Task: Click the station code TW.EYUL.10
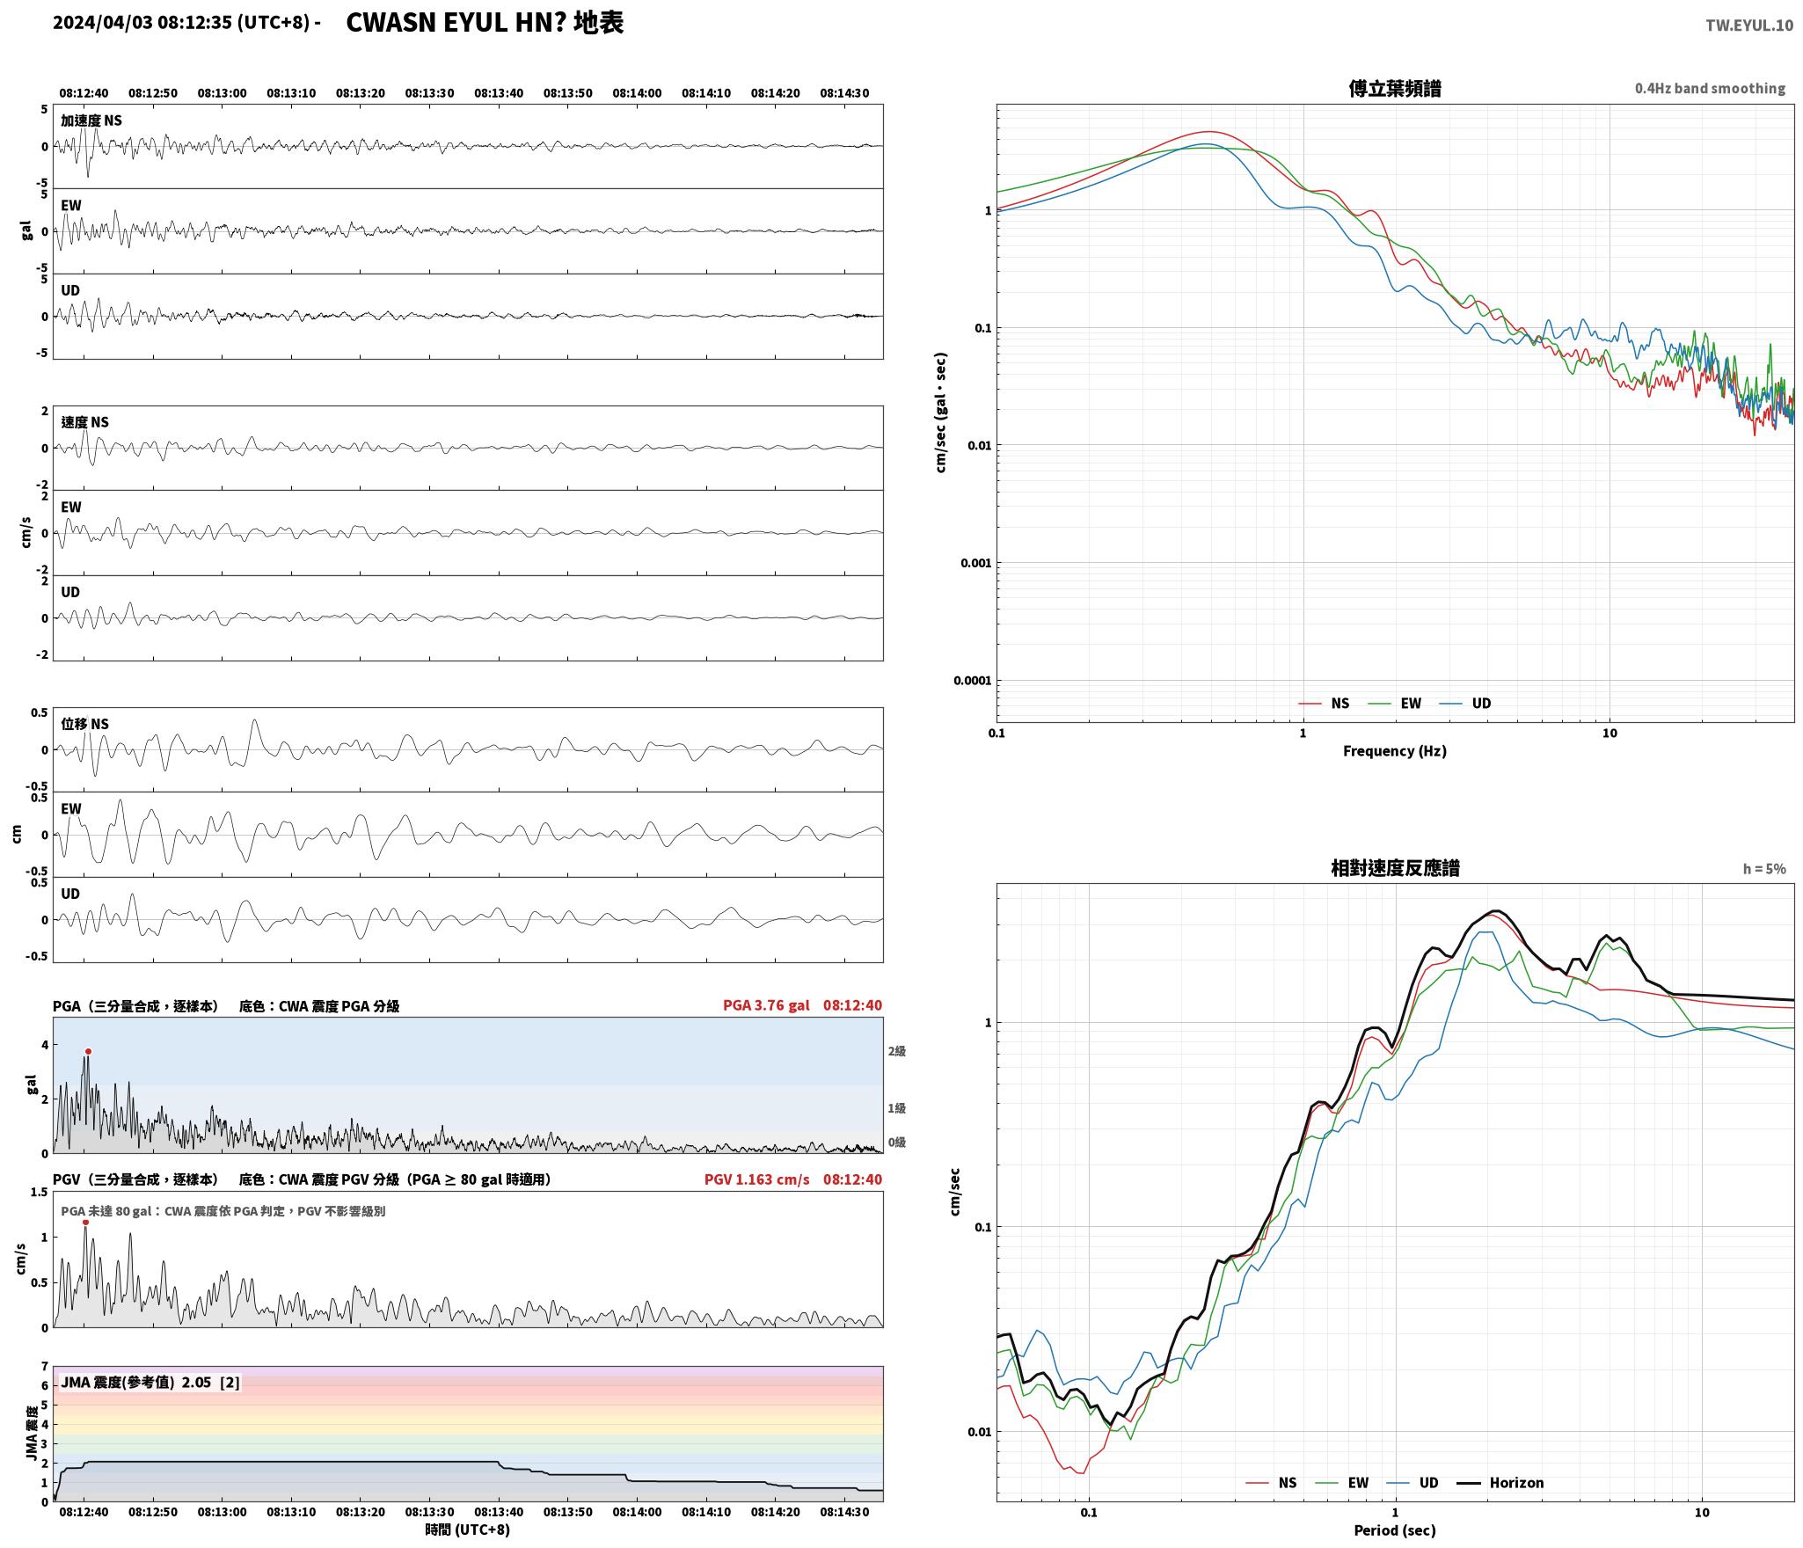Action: pyautogui.click(x=1748, y=26)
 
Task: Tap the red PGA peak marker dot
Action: pyautogui.click(x=88, y=1052)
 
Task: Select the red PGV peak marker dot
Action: pyautogui.click(x=85, y=1223)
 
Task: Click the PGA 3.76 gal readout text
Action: pyautogui.click(x=766, y=1005)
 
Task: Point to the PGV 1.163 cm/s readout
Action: pyautogui.click(x=756, y=1179)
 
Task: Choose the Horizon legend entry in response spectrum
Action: pyautogui.click(x=1500, y=1483)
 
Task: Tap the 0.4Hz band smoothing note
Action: pyautogui.click(x=1710, y=89)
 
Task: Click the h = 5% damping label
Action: pyautogui.click(x=1764, y=869)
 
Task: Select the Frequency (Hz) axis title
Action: pyautogui.click(x=1395, y=751)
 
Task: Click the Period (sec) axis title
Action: pyautogui.click(x=1395, y=1530)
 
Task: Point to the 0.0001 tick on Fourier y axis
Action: pyautogui.click(x=972, y=681)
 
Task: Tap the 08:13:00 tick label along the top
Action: pyautogui.click(x=222, y=93)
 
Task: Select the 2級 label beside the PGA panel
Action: pyautogui.click(x=896, y=1051)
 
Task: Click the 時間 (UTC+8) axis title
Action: pyautogui.click(x=467, y=1530)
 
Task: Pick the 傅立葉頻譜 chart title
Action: pyautogui.click(x=1395, y=88)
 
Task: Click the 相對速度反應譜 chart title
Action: pyautogui.click(x=1395, y=868)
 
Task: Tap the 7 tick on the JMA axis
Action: pyautogui.click(x=44, y=1367)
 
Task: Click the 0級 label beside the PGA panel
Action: pyautogui.click(x=896, y=1143)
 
